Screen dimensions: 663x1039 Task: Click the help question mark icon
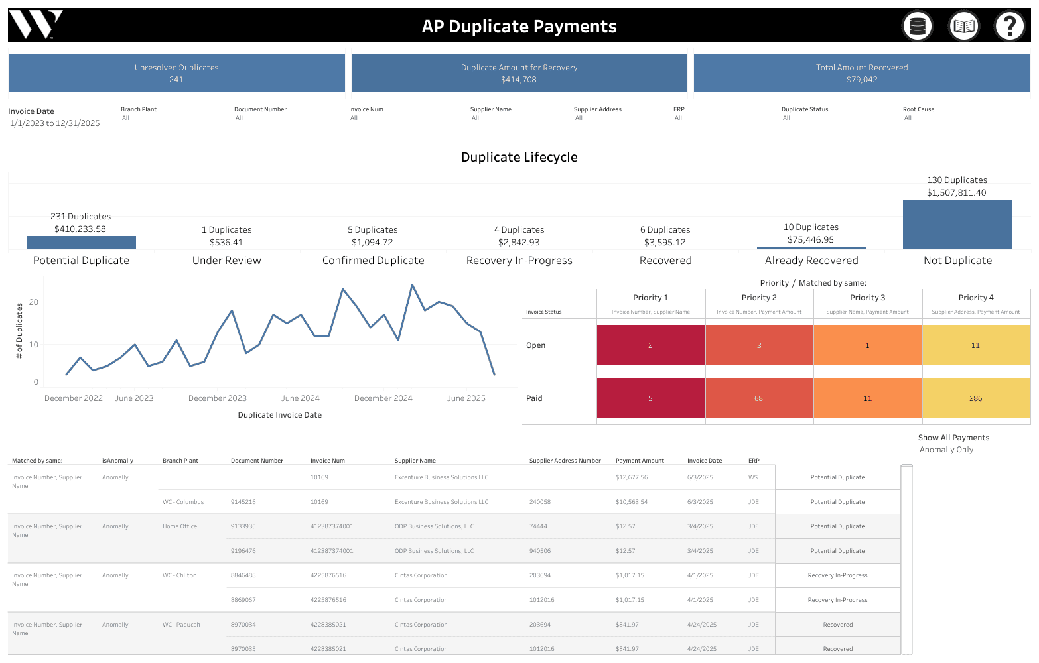tap(1009, 27)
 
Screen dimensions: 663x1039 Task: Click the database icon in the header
tap(918, 27)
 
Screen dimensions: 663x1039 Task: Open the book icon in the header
tap(963, 27)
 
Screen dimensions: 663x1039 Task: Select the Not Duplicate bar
tap(957, 224)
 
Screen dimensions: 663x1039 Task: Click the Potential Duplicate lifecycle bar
tap(81, 243)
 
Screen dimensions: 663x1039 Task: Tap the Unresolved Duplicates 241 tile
tap(176, 73)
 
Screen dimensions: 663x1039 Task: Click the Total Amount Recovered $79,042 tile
tap(861, 73)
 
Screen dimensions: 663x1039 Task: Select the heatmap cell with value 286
tap(975, 398)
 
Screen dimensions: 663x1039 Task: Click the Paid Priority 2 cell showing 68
tap(758, 398)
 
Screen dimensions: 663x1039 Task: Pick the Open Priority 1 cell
tap(650, 345)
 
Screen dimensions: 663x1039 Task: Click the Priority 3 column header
tap(867, 298)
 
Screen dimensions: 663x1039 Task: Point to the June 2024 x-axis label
tap(300, 398)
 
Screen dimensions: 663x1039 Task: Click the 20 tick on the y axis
tap(34, 302)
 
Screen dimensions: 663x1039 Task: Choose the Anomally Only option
tap(946, 450)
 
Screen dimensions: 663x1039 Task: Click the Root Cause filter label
tap(918, 109)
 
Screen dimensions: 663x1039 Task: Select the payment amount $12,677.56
tap(631, 477)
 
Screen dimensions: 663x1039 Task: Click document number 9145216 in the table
tap(243, 502)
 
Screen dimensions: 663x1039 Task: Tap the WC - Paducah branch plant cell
tap(181, 625)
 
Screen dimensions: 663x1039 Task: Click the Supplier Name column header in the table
tap(415, 461)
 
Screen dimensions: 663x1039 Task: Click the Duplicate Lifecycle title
tap(519, 157)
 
